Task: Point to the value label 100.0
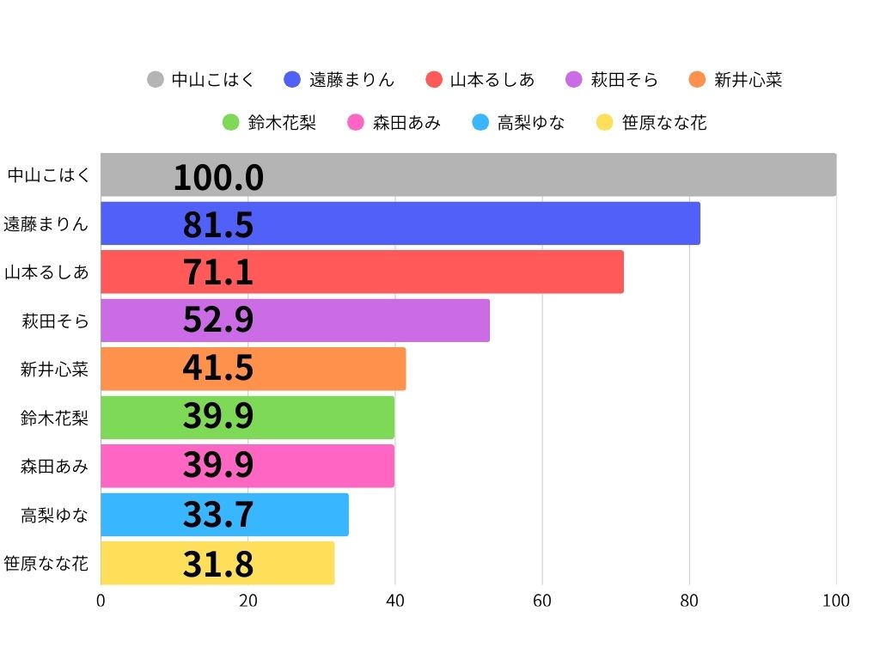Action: [218, 177]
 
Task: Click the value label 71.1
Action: [218, 272]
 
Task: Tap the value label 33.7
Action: [218, 515]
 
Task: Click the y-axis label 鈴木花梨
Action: [54, 418]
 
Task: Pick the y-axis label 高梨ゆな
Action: [54, 515]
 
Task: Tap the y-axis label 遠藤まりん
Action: [46, 224]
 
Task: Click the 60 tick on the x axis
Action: [542, 601]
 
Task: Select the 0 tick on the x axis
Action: [101, 601]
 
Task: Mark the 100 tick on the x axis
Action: [836, 601]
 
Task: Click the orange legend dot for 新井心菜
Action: [697, 80]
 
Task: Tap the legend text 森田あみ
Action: [406, 123]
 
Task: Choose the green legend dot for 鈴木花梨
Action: [230, 123]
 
